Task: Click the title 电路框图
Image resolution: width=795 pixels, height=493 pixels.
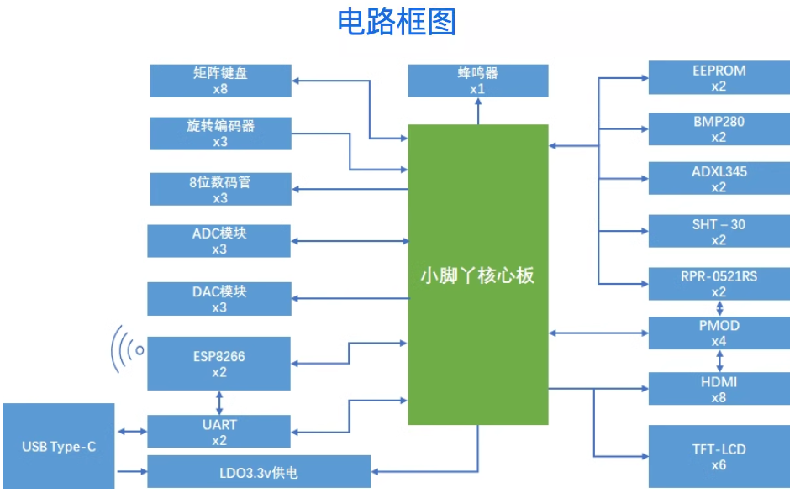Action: (397, 23)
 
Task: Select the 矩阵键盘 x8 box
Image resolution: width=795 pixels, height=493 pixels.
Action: (220, 81)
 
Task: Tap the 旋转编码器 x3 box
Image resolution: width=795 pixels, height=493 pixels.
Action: (220, 134)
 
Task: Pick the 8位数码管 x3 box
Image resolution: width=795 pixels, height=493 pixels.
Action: (220, 189)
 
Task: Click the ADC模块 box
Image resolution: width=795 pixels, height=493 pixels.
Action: (219, 241)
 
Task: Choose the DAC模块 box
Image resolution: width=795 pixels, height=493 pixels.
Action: (219, 299)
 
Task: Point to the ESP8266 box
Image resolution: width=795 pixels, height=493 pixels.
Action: (219, 364)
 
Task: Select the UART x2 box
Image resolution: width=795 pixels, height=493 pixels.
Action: (219, 432)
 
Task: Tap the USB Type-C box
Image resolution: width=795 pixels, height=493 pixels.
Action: (58, 446)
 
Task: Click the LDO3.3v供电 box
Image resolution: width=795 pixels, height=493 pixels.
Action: (259, 471)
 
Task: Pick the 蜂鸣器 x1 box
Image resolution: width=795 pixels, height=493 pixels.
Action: (477, 81)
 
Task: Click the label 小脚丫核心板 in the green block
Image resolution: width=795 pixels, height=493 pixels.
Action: (477, 275)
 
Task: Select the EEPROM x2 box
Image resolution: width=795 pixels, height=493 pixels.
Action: (719, 78)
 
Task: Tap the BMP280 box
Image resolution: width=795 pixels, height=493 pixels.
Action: (719, 129)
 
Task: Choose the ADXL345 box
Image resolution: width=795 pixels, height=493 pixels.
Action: (719, 180)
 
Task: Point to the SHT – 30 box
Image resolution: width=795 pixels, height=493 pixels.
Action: (719, 232)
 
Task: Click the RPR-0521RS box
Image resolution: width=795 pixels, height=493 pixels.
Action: (719, 284)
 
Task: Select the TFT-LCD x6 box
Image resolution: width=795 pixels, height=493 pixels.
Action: (719, 457)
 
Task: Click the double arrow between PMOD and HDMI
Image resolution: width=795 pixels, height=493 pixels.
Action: (719, 361)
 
